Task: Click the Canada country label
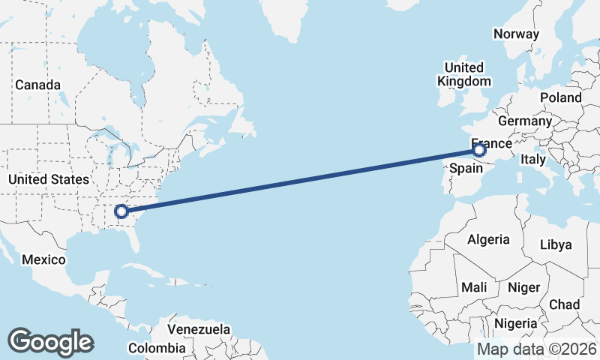tap(37, 85)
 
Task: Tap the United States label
tap(49, 179)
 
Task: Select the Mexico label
tap(43, 259)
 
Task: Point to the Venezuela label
tap(199, 329)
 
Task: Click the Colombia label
tap(156, 348)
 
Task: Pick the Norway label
tap(516, 34)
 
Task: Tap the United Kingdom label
tap(463, 73)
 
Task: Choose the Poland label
tap(560, 97)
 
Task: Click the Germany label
tap(524, 121)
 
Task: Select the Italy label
tap(533, 160)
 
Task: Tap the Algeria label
tap(488, 240)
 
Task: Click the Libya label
tap(556, 244)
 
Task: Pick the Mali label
tap(474, 287)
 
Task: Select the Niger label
tap(524, 287)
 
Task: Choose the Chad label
tap(564, 304)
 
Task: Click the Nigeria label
tap(515, 324)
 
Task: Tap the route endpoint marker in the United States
tap(121, 212)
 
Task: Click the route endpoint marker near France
tap(480, 151)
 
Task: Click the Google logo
tap(50, 342)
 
